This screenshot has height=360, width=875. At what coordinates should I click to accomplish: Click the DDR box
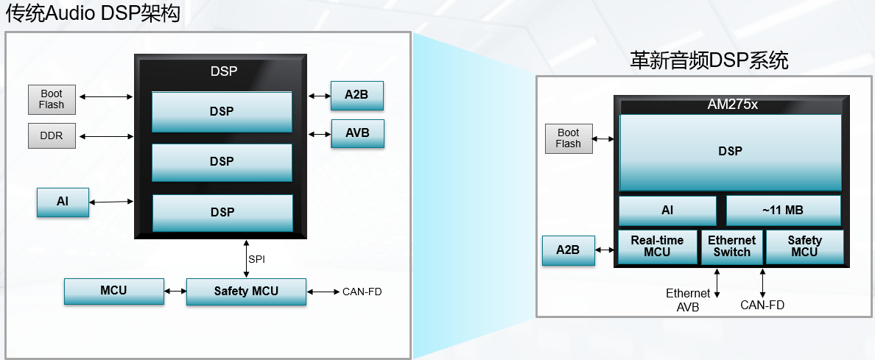coord(52,136)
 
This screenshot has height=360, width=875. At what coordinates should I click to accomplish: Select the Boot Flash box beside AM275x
coord(568,138)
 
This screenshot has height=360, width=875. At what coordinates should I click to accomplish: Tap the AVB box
coord(357,133)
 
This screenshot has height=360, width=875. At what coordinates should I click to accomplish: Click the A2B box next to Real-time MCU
coord(567,250)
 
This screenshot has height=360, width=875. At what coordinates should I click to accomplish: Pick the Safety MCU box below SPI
coord(246,292)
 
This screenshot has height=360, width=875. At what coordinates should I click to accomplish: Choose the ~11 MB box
coord(783,211)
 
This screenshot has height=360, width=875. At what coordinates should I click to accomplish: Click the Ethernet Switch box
coord(731,246)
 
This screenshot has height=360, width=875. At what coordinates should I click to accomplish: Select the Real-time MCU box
coord(657,246)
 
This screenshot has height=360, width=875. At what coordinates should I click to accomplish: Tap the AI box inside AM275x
coord(667,211)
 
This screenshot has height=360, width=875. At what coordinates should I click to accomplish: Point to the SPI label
coord(256,260)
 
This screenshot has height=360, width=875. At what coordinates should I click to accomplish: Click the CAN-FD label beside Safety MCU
coord(362,292)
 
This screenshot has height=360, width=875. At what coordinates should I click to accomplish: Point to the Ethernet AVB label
coord(688,300)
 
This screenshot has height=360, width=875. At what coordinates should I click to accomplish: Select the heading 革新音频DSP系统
coord(709,60)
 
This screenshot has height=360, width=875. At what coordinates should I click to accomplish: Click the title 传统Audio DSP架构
coord(94,14)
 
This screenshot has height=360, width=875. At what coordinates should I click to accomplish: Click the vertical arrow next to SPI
coord(245,258)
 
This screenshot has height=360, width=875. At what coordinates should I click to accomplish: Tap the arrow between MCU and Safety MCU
coord(175,292)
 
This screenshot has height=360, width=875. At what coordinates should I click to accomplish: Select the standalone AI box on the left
coord(63,202)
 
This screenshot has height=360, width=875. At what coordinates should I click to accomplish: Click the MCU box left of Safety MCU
coord(113,291)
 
